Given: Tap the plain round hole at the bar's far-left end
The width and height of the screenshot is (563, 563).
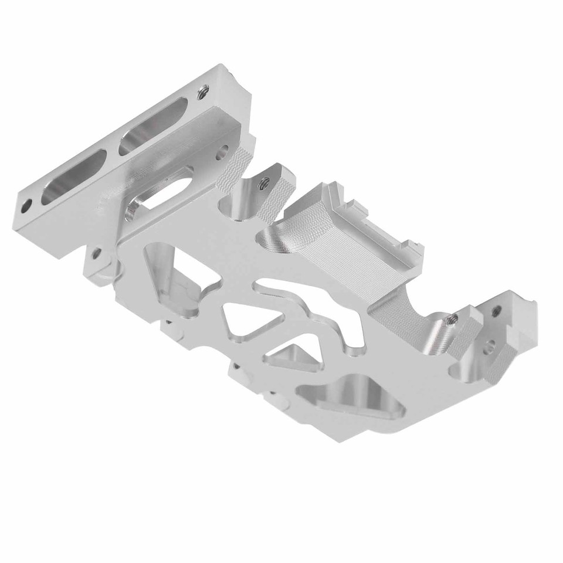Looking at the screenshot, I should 27,206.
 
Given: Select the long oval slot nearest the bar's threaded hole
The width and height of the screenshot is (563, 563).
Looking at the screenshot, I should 154,126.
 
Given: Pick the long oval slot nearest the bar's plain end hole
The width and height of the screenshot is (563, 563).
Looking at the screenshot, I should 74,178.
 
